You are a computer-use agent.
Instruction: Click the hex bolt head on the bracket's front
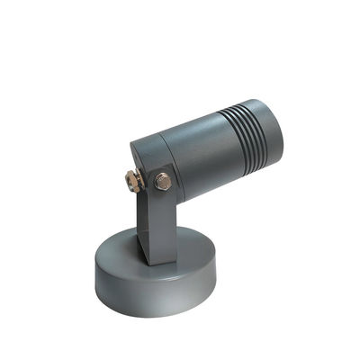pyautogui.click(x=163, y=182)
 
